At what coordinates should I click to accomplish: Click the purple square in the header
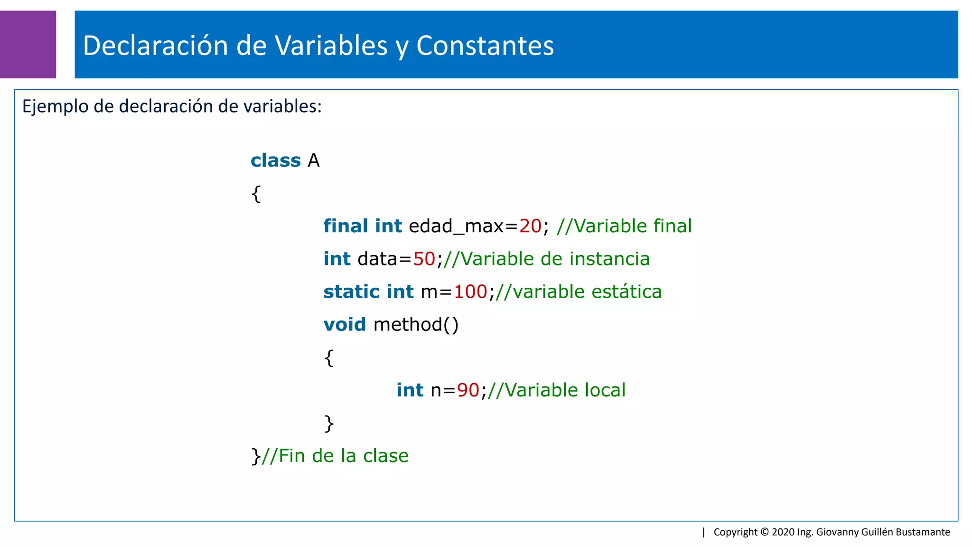coord(28,44)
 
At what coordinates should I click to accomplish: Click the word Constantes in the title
coord(485,46)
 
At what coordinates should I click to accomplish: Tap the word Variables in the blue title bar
coord(331,46)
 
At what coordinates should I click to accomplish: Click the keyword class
coord(275,160)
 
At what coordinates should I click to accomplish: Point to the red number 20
coord(530,226)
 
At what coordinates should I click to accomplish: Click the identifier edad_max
coord(456,226)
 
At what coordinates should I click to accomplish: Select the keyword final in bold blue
coord(346,226)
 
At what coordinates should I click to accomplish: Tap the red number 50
coord(424,259)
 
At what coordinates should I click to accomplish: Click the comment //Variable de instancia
coord(546,259)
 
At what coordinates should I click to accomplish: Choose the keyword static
coord(351,292)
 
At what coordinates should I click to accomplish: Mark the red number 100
coord(470,292)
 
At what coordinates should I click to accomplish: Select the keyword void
coord(345,324)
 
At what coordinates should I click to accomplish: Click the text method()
coord(416,325)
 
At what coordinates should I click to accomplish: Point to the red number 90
coord(468,390)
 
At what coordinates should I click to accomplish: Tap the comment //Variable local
coord(556,390)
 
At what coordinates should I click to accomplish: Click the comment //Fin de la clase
coord(335,456)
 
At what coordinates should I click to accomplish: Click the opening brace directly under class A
coord(256,194)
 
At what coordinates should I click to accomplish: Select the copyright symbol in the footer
coord(764,532)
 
